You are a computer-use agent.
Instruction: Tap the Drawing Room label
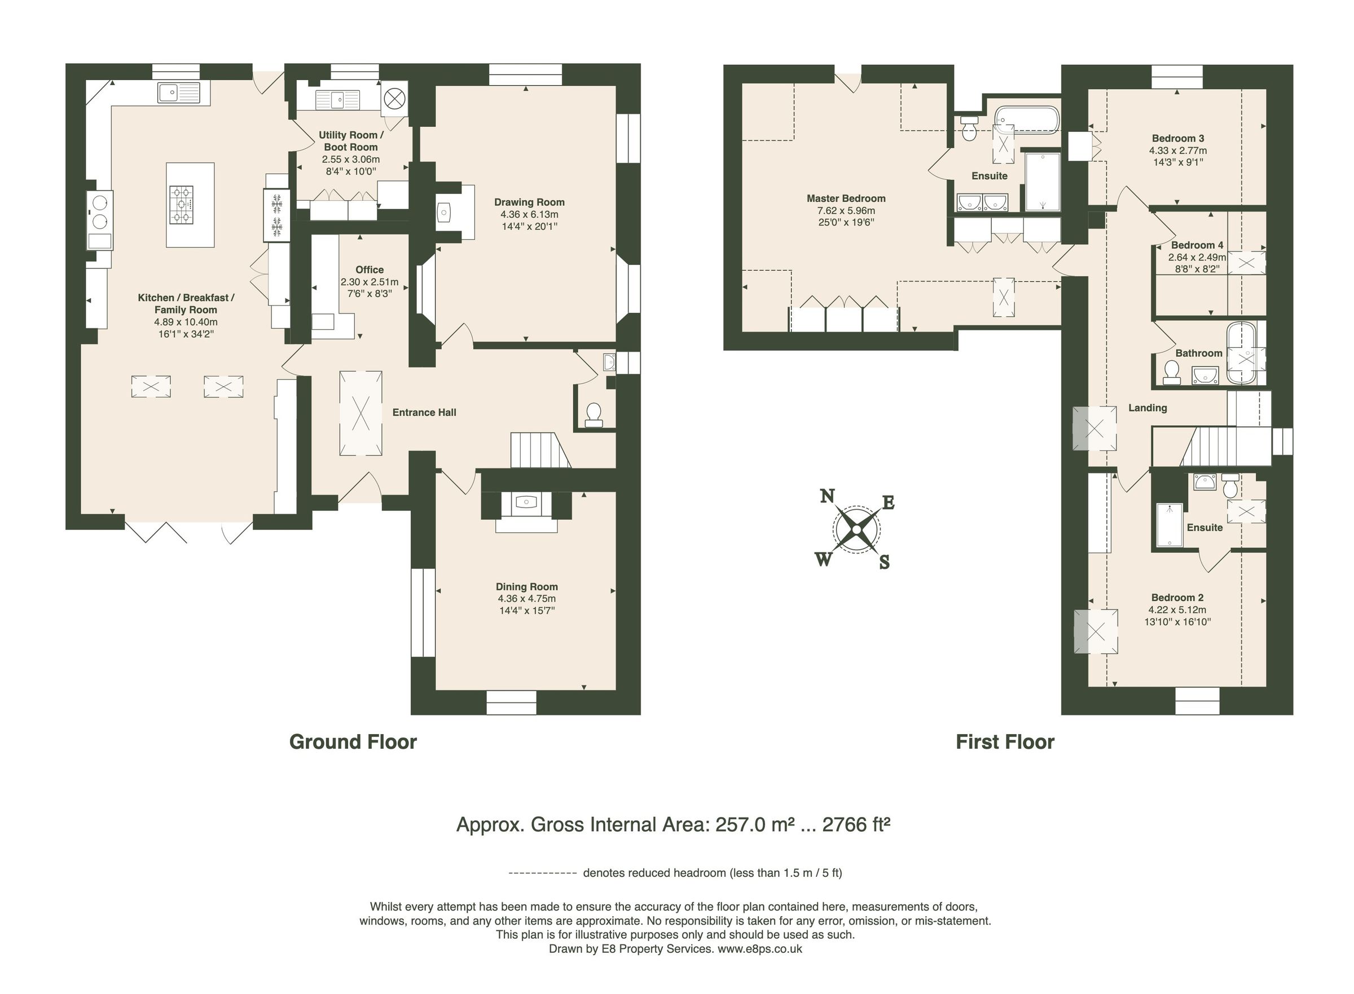pos(529,202)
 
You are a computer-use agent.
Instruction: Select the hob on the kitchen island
pos(181,204)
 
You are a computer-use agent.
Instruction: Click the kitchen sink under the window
pos(178,93)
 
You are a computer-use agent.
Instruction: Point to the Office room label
pos(369,270)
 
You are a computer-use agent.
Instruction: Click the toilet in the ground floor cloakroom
pos(594,414)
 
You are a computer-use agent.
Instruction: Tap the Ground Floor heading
pos(353,742)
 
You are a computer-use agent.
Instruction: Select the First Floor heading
pos(1004,742)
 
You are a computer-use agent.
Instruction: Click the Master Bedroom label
pos(845,198)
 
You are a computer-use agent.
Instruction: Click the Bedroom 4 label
pos(1196,245)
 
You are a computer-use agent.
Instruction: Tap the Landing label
pos(1147,408)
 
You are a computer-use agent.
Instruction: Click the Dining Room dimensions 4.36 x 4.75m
pos(526,599)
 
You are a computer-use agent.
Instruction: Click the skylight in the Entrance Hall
pos(361,413)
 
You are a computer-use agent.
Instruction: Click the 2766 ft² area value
pos(855,824)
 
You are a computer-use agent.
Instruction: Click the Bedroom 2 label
pos(1176,598)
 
